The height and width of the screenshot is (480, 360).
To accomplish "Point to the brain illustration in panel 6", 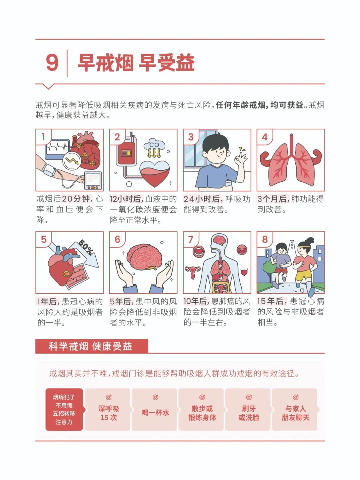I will click(x=144, y=256).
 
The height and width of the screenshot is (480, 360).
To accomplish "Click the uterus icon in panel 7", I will click(x=193, y=272).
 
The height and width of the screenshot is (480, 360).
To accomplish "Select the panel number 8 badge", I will click(x=265, y=239).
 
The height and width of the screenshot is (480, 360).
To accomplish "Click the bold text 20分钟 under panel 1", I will click(x=76, y=199).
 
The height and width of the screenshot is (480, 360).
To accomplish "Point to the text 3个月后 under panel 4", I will click(x=272, y=199).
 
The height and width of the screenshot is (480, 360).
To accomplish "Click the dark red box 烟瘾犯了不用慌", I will click(x=64, y=410).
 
